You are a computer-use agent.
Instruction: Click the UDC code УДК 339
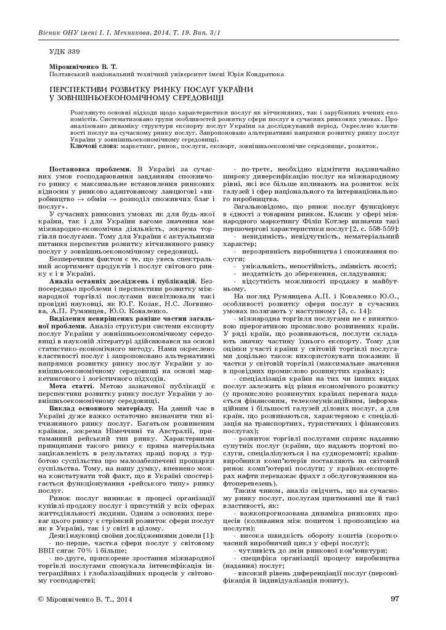pyautogui.click(x=64, y=50)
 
